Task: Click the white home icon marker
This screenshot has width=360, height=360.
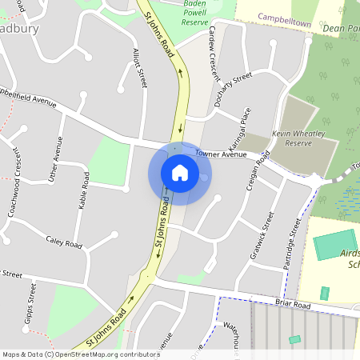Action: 180,171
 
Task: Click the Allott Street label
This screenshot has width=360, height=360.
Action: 141,67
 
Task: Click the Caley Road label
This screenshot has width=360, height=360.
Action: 64,242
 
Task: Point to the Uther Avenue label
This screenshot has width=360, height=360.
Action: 55,161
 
